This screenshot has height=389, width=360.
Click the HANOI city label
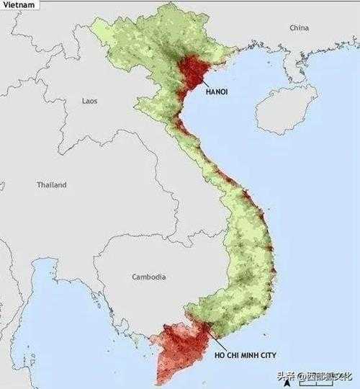(x=217, y=92)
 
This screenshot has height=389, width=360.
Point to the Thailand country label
(x=51, y=185)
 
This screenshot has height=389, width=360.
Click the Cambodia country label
(x=148, y=277)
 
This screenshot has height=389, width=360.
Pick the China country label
(x=299, y=27)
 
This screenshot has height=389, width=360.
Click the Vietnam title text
(x=17, y=4)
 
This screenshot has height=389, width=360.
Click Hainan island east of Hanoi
(x=286, y=109)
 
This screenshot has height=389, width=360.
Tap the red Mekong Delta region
(x=176, y=346)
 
